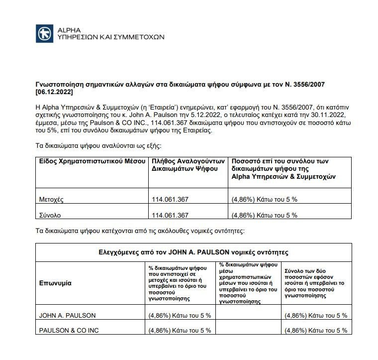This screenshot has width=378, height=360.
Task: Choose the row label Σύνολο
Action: [50, 215]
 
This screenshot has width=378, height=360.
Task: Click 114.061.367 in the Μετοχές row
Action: [170, 200]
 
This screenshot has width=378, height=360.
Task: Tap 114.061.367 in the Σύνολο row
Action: [170, 215]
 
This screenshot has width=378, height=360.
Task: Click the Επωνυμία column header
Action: [55, 283]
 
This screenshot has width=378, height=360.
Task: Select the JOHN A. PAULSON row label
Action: [67, 315]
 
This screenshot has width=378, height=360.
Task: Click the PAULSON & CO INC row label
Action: [70, 330]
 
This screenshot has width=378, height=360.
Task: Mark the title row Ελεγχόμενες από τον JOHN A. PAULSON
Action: [193, 252]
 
